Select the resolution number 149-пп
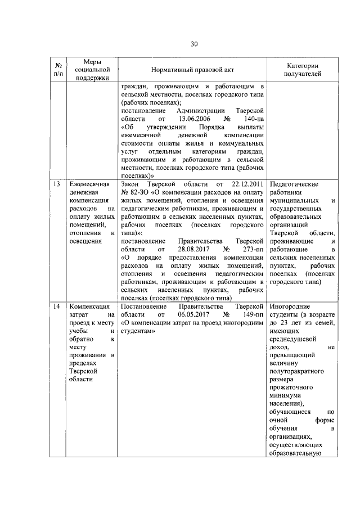coord(253,315)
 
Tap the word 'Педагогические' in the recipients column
coord(294,184)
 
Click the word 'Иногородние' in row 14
coord(291,307)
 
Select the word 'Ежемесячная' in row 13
coord(88,184)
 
